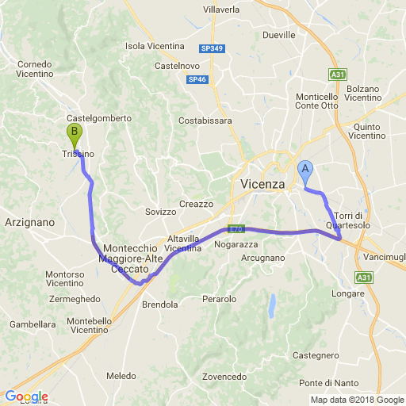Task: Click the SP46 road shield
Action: pos(197,79)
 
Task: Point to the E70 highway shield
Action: pos(235,228)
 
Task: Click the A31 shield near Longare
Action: pos(363,278)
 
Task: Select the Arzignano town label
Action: pos(29,223)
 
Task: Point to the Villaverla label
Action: pos(221,9)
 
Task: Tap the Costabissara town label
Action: pos(205,121)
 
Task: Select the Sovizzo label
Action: pos(161,212)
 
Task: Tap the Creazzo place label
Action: pos(197,204)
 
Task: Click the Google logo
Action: pos(26,396)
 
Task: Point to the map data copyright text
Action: pos(357,400)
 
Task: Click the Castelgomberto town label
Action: pos(98,117)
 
